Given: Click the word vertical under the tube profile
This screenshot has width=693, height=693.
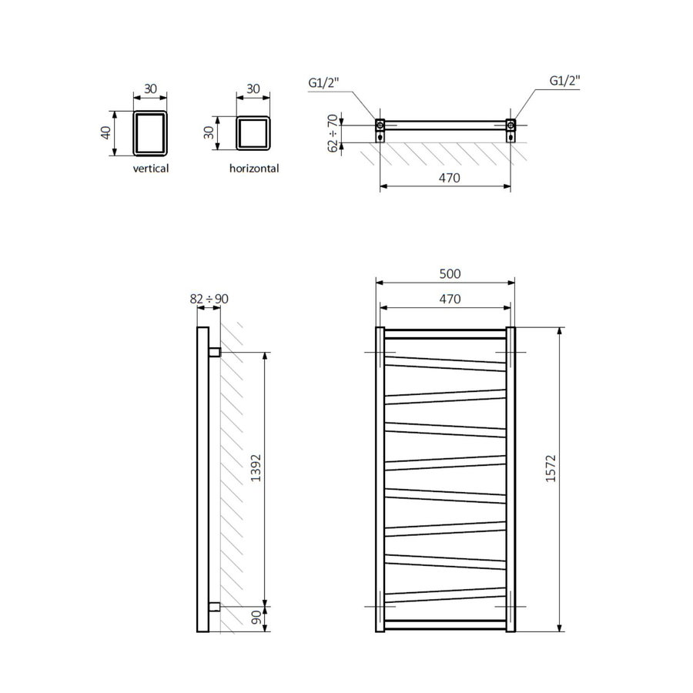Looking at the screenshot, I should click(150, 168).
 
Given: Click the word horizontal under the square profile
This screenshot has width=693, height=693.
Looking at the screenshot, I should click(253, 168).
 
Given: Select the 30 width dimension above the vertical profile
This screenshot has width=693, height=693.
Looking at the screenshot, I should click(150, 89).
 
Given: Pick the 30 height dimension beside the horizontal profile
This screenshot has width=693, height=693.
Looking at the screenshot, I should click(208, 132).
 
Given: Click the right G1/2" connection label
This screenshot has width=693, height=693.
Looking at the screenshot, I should click(564, 81).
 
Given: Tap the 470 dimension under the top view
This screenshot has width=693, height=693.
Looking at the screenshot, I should click(449, 178).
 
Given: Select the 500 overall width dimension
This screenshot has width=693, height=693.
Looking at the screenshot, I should click(449, 274).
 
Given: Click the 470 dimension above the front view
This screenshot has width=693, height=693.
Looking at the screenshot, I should click(449, 299).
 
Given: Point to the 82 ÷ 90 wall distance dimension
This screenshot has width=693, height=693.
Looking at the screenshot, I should click(208, 298).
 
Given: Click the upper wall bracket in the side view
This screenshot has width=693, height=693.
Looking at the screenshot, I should click(215, 352).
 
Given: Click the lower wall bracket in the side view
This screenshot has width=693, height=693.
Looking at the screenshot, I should click(215, 606).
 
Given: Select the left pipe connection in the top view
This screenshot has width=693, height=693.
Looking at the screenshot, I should click(380, 125).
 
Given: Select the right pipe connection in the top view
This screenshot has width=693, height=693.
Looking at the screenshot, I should click(510, 125).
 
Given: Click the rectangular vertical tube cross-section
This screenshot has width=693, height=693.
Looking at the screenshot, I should click(150, 132).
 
